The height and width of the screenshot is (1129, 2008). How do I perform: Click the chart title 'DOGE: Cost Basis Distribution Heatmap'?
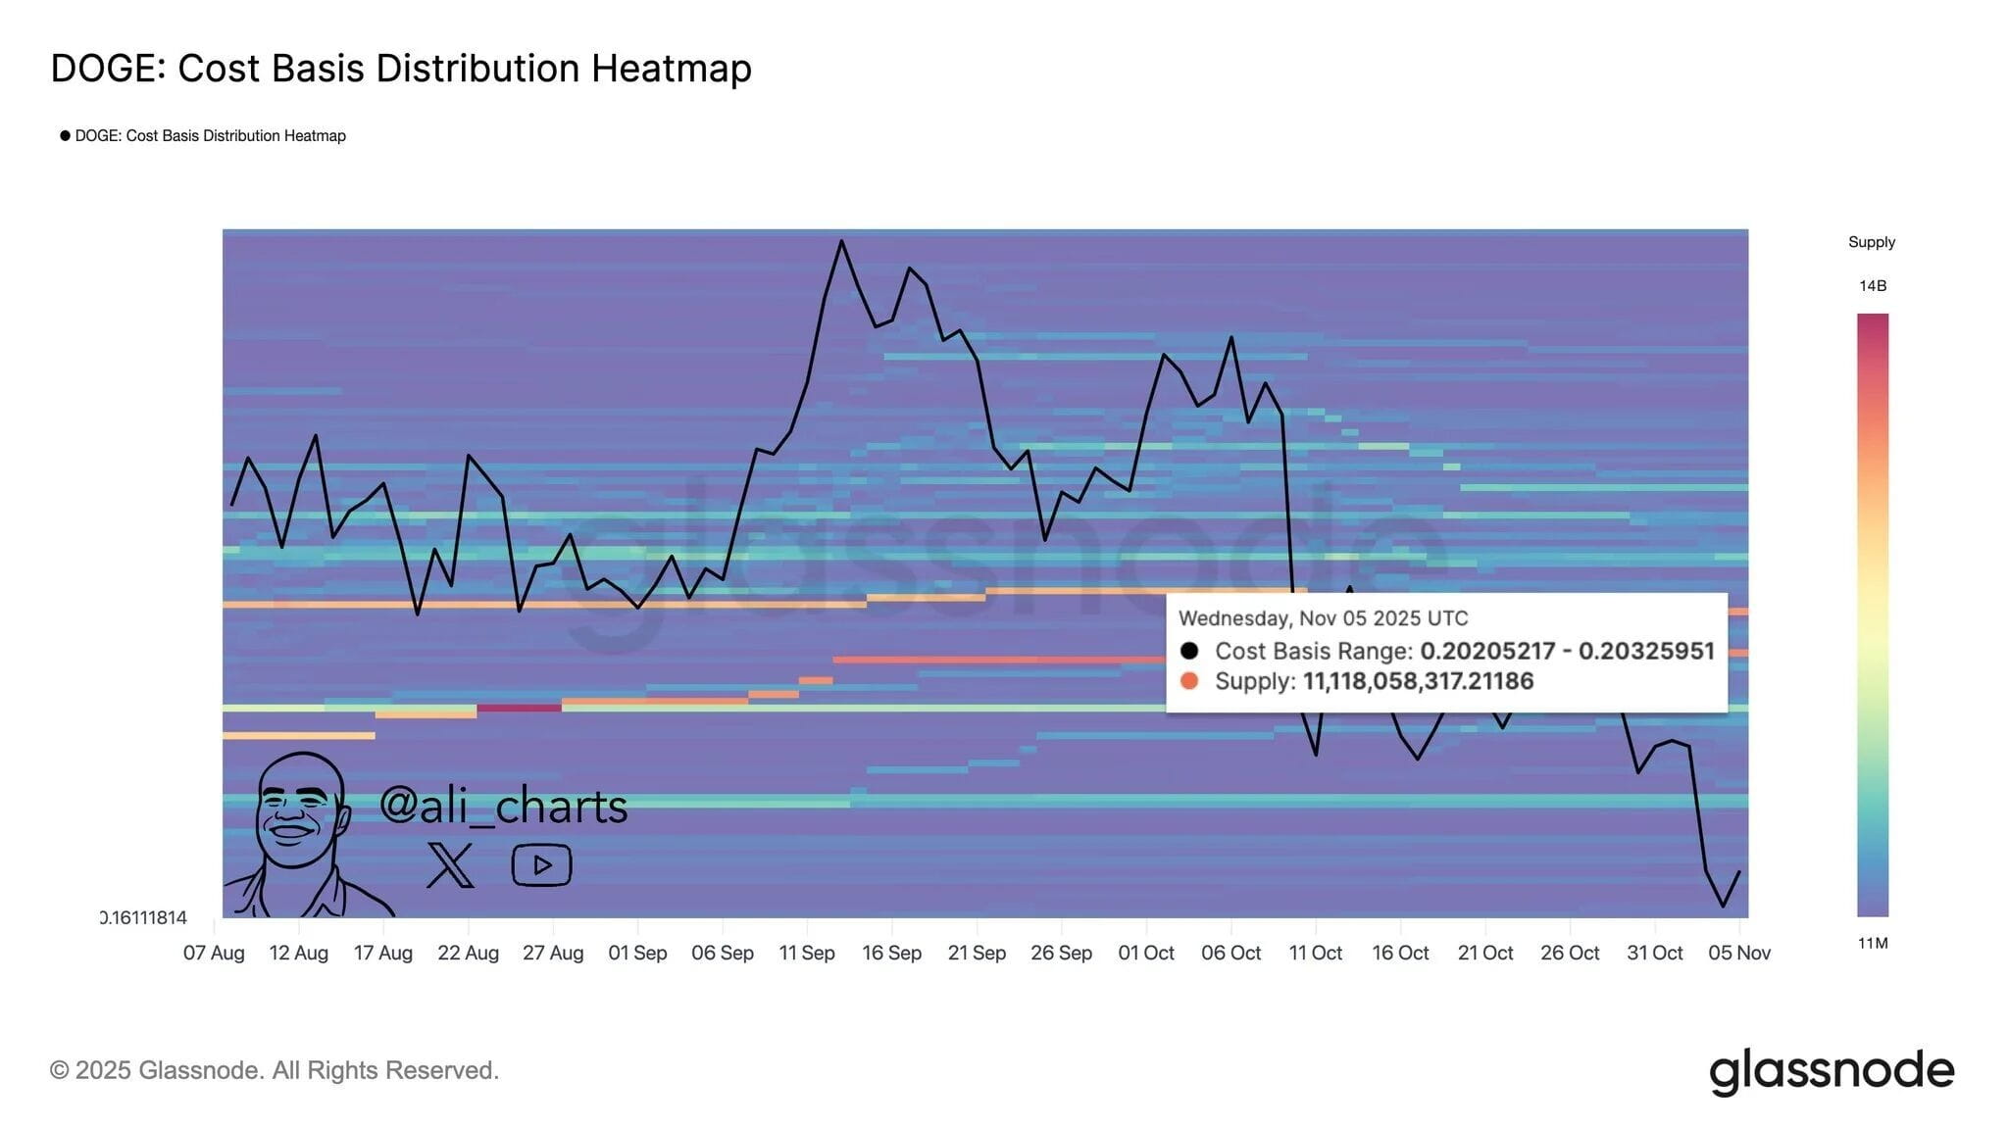point(400,69)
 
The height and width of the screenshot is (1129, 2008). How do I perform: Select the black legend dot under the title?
point(65,135)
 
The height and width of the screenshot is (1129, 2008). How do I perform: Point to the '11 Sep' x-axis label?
point(806,953)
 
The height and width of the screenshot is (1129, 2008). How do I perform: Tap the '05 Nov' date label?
point(1738,953)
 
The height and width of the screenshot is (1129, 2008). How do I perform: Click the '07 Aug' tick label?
point(214,953)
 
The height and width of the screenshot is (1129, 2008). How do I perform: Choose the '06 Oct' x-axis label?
point(1230,953)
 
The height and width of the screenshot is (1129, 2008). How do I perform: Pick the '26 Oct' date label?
point(1569,953)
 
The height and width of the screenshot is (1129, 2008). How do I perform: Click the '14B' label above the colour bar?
point(1872,286)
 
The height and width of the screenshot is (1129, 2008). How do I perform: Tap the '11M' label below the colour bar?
point(1872,943)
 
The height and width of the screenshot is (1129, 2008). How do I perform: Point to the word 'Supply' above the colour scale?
point(1871,242)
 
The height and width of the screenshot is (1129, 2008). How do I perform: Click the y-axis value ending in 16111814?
point(144,917)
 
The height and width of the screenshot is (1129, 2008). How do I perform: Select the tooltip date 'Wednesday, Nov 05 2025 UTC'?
point(1323,618)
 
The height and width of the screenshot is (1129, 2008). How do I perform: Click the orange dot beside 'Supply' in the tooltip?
point(1189,681)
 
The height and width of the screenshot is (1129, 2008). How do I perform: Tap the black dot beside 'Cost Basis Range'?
point(1189,651)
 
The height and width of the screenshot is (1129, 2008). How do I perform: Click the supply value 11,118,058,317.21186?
point(1417,681)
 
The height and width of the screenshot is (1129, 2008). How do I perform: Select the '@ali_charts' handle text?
point(503,806)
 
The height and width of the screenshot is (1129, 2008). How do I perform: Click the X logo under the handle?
point(450,864)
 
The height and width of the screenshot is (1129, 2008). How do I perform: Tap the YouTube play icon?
point(541,864)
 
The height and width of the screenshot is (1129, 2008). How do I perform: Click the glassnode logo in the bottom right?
point(1831,1070)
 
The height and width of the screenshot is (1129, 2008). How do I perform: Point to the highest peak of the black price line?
point(841,241)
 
